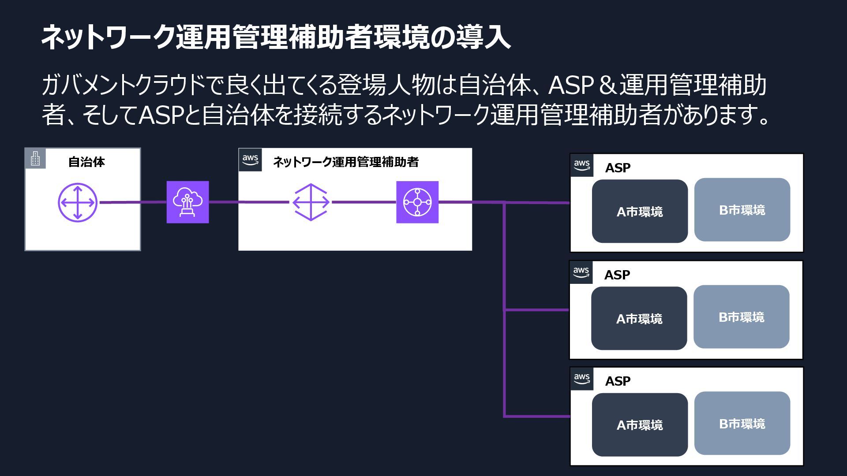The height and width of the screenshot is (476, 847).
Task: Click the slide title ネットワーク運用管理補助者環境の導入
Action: (x=276, y=37)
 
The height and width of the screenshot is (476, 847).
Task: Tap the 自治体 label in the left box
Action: (x=86, y=162)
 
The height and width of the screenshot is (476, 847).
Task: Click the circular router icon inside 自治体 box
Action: (x=78, y=202)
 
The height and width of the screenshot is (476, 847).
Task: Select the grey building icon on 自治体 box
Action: (x=35, y=158)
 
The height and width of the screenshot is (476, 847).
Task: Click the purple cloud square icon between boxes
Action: (x=187, y=202)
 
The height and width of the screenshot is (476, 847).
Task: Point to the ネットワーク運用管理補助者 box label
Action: (x=346, y=162)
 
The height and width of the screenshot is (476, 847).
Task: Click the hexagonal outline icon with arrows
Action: (x=311, y=202)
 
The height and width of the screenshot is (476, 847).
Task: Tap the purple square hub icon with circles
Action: (x=417, y=202)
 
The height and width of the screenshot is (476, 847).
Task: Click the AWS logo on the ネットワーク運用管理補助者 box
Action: (x=250, y=160)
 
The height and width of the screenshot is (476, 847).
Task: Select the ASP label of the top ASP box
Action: (x=618, y=168)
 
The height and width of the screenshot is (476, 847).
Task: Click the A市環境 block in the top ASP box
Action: (x=640, y=212)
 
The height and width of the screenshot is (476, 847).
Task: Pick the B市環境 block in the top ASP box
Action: (x=742, y=210)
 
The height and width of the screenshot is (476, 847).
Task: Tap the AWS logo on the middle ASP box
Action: (x=581, y=272)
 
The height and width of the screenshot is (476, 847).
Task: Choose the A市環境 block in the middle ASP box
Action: (x=639, y=318)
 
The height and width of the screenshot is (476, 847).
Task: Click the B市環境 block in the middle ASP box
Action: (x=741, y=317)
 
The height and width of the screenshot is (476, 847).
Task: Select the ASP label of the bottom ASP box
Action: (x=618, y=381)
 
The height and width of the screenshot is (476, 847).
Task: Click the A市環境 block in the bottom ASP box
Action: (x=640, y=425)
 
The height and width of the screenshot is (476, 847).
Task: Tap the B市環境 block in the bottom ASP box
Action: (x=742, y=424)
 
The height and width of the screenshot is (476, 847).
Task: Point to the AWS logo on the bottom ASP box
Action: (x=581, y=379)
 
